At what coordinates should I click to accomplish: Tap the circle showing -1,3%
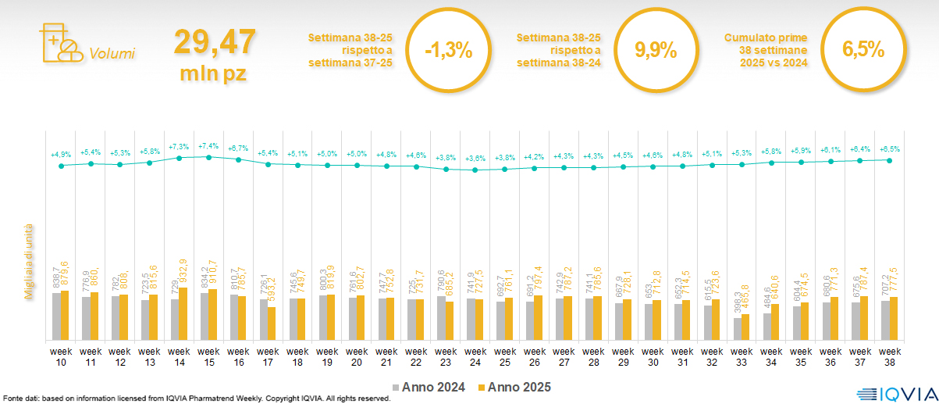[x=448, y=51]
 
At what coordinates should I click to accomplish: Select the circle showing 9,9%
[x=655, y=51]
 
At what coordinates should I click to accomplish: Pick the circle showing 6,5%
[x=863, y=51]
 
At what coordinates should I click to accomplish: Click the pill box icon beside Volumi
[x=59, y=44]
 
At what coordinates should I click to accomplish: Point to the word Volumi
[x=112, y=54]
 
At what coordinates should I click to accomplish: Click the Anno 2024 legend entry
[x=429, y=387]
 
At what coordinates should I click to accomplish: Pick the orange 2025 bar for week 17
[x=272, y=324]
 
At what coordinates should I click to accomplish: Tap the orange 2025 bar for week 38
[x=894, y=319]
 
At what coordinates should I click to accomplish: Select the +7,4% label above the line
[x=208, y=146]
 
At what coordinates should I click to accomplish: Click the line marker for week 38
[x=890, y=159]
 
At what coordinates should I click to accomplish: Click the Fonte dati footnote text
[x=195, y=399]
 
